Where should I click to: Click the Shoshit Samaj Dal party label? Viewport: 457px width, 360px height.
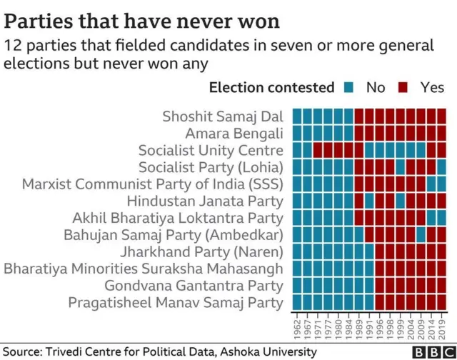223,116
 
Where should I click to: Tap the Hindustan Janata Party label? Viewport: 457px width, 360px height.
206,201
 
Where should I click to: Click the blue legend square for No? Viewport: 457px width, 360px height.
349,87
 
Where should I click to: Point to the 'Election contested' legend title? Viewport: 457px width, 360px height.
271,88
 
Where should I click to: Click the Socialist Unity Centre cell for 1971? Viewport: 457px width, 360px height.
318,150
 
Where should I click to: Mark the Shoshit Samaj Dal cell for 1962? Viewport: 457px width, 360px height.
298,116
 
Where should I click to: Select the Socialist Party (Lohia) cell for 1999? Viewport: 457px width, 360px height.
401,167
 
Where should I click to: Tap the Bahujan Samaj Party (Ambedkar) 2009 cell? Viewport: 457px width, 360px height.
421,234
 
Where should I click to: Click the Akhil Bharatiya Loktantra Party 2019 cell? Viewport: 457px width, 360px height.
441,218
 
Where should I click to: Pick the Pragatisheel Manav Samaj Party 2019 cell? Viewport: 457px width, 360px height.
441,302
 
